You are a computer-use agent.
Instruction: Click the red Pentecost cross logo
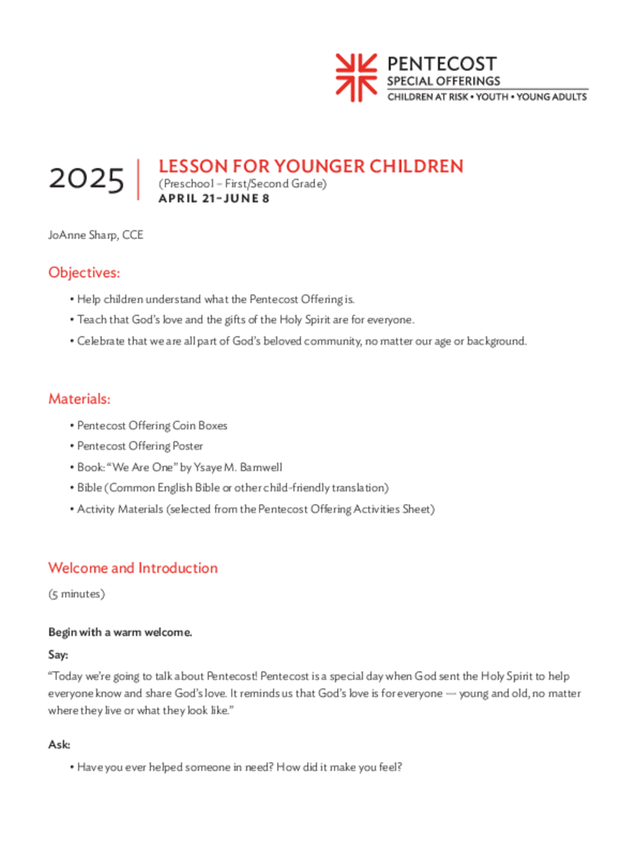coord(356,78)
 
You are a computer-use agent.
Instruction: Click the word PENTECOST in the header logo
coord(442,64)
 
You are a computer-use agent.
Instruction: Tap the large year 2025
coord(86,179)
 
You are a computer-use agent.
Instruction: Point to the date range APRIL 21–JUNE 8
coord(214,199)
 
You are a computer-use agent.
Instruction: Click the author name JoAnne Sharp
coord(82,235)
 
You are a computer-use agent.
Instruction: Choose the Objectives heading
coord(84,273)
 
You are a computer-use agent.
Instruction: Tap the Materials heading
coord(79,399)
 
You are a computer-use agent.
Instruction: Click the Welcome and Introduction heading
coord(133,568)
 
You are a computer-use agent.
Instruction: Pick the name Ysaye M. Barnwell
coord(238,467)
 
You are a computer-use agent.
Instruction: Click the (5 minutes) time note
coord(77,594)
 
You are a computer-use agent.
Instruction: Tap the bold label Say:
coord(58,654)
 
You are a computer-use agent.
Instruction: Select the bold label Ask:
coord(59,744)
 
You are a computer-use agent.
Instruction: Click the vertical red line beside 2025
coord(138,179)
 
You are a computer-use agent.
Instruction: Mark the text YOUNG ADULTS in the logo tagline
coord(551,97)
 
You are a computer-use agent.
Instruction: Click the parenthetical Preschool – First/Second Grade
coord(243,184)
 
